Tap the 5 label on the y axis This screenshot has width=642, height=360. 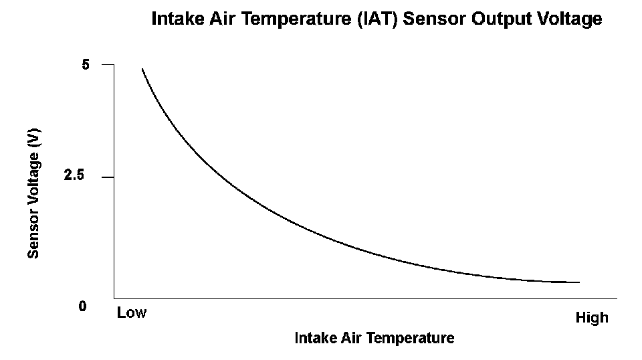86,65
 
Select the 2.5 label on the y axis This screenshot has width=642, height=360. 74,177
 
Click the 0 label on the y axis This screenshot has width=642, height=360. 82,306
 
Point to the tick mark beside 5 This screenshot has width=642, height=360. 108,65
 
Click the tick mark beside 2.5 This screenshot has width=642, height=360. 108,177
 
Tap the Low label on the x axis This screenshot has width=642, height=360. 131,312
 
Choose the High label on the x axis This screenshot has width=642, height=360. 592,318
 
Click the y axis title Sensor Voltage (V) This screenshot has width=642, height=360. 34,193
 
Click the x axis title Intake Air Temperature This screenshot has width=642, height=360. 374,339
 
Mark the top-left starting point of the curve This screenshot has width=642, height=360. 142,69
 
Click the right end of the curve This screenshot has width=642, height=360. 578,282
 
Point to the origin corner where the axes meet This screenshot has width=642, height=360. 114,298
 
